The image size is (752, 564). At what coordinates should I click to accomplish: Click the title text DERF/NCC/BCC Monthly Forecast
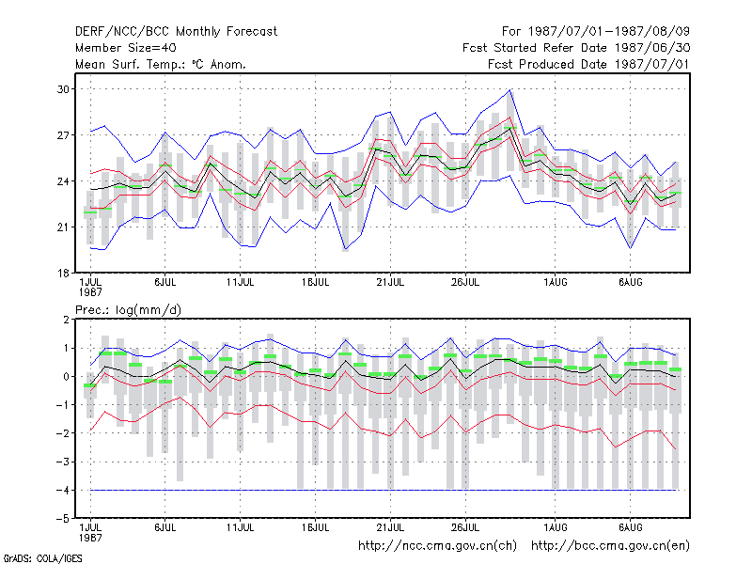coord(176,32)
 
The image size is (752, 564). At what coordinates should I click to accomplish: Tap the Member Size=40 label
coord(126,48)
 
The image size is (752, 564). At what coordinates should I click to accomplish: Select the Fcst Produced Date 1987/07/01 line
coord(588,64)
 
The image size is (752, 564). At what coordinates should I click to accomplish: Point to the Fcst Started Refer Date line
coord(576,48)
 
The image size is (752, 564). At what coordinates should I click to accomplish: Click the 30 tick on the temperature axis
coord(63,89)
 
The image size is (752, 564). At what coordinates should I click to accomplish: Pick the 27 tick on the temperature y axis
coord(63,135)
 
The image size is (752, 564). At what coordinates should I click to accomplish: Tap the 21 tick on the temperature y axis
coord(63,227)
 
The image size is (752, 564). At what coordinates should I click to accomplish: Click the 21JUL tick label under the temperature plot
coord(390,282)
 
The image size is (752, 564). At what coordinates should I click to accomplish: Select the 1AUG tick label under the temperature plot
coord(556,282)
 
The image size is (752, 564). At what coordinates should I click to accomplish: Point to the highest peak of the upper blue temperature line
coord(510,89)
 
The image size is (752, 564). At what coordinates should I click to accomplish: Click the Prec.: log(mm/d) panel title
coord(128,310)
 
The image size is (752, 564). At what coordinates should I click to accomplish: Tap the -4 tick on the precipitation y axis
coord(63,490)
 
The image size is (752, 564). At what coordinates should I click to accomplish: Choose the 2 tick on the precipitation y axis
coord(66,320)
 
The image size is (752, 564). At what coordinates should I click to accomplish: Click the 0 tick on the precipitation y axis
coord(66,377)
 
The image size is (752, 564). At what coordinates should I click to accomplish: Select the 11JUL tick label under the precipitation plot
coord(240,527)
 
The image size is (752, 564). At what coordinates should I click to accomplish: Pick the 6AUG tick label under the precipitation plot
coord(630,527)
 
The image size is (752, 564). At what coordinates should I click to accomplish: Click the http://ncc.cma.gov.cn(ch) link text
coord(437,546)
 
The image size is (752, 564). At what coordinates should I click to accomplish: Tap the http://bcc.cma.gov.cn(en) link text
coord(610,546)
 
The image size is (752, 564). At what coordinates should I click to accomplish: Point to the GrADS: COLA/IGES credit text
coord(42,558)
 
